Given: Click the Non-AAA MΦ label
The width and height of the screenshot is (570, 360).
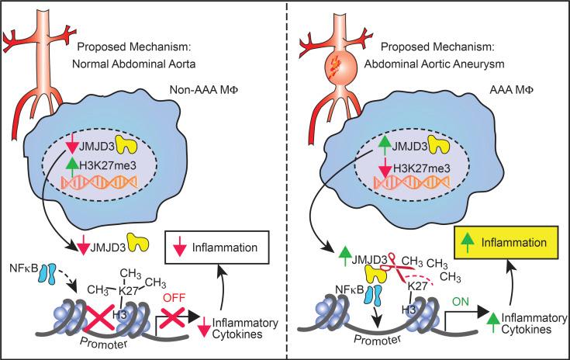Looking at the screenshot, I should click(x=203, y=90).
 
